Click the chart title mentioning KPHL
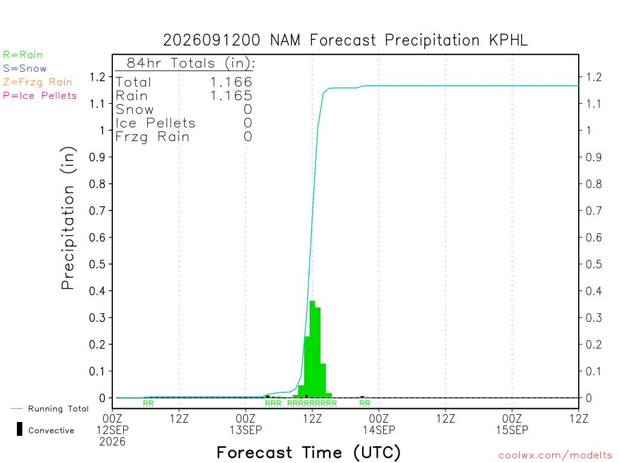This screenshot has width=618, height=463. click(345, 40)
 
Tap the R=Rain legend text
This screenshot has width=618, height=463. click(23, 55)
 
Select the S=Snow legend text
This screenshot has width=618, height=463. click(25, 69)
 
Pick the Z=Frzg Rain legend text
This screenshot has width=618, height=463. click(38, 82)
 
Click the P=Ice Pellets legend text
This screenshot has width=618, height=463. click(40, 96)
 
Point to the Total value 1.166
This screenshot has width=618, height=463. click(231, 82)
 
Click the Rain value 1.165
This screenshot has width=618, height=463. click(231, 96)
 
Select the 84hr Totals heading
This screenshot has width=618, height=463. click(191, 63)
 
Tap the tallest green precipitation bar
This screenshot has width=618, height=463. click(312, 349)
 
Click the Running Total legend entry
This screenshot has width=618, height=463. click(50, 409)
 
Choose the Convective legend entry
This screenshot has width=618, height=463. click(46, 430)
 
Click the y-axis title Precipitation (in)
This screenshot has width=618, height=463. click(68, 218)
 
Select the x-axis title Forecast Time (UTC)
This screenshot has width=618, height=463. click(308, 453)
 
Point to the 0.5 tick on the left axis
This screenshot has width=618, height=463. click(97, 264)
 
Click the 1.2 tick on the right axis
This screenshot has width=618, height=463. click(594, 77)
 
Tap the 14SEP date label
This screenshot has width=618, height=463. click(379, 430)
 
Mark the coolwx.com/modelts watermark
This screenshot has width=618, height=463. click(556, 455)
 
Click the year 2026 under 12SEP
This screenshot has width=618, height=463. click(112, 442)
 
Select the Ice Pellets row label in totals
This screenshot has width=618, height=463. click(156, 123)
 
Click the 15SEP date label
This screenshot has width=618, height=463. click(512, 430)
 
